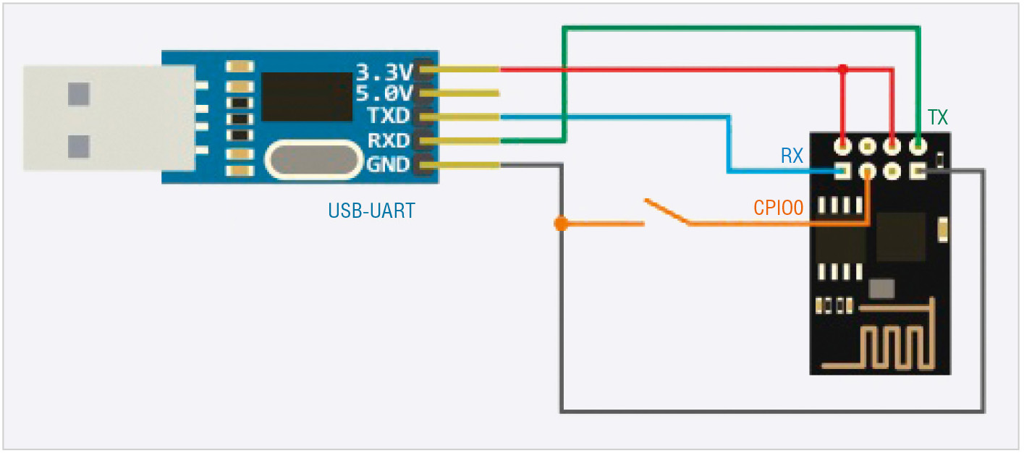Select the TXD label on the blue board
(388, 117)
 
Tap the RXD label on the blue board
(388, 140)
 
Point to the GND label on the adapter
(388, 164)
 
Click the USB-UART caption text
(372, 211)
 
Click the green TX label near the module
(937, 118)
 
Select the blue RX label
(792, 156)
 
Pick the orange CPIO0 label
(779, 209)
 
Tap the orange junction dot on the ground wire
(560, 224)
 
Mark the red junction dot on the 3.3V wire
(842, 69)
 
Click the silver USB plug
(109, 118)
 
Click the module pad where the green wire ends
(918, 147)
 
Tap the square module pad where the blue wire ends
(843, 172)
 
